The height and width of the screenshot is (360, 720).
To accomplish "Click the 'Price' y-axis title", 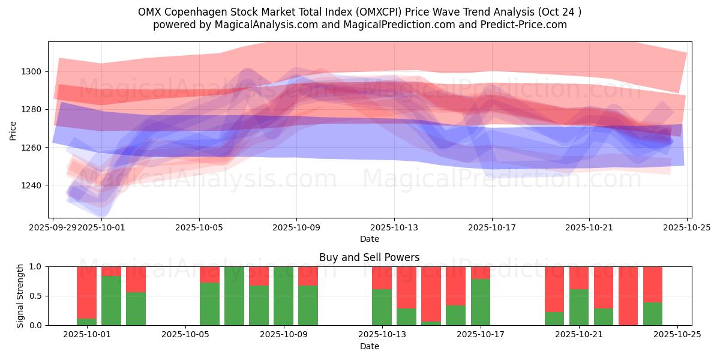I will click(x=13, y=130).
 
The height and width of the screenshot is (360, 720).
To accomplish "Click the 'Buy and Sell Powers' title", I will click(x=370, y=257).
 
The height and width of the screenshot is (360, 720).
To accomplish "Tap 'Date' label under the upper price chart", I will click(x=370, y=239).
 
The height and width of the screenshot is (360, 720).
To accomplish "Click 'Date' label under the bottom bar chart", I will click(x=370, y=346).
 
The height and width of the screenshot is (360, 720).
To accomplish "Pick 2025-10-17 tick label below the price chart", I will click(x=492, y=227).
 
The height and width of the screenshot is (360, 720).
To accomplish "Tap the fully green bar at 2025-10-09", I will click(x=283, y=296).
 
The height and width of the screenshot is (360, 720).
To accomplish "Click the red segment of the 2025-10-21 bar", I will click(x=579, y=278).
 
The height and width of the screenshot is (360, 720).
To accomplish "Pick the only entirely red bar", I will click(x=628, y=296).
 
